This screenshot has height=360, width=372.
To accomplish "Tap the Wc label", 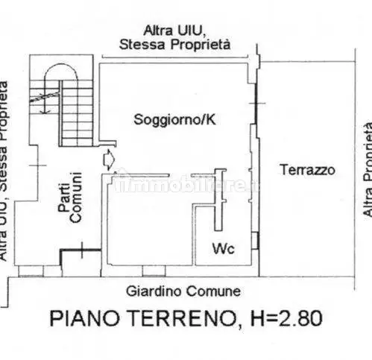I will point(224,248).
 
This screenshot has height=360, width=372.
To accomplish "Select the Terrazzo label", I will point(307,170).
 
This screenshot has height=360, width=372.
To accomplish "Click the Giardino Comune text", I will point(183,291).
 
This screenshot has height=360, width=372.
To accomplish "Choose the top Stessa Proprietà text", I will point(174,45).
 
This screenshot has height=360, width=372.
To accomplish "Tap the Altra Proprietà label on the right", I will point(365,170).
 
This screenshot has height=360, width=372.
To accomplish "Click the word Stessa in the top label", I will point(140,45).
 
